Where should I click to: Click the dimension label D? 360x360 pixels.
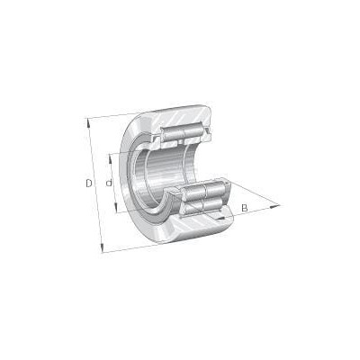point(89,184)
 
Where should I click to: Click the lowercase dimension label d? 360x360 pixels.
point(109,183)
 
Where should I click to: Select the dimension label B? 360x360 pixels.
point(245,208)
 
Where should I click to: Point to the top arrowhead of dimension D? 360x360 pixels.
point(88,121)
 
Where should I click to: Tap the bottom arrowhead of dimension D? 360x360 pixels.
point(102,248)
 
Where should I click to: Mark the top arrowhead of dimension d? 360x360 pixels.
point(110,158)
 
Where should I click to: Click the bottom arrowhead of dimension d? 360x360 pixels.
point(116,208)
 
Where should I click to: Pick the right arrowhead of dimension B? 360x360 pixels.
point(274,206)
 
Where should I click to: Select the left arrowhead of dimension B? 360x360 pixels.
point(220,218)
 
